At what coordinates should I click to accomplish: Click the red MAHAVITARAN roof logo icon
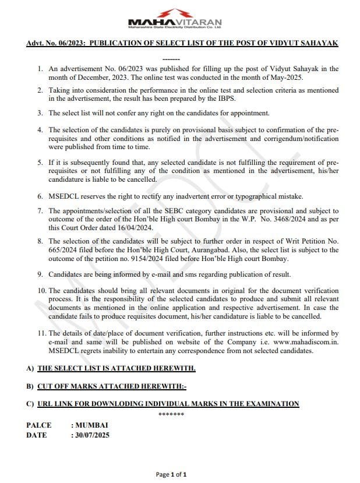click(x=174, y=13)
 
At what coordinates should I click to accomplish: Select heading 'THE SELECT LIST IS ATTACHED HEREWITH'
click(x=116, y=368)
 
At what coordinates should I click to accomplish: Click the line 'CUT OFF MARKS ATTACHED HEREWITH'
click(x=111, y=386)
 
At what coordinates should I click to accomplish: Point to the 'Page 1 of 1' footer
click(x=171, y=474)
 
